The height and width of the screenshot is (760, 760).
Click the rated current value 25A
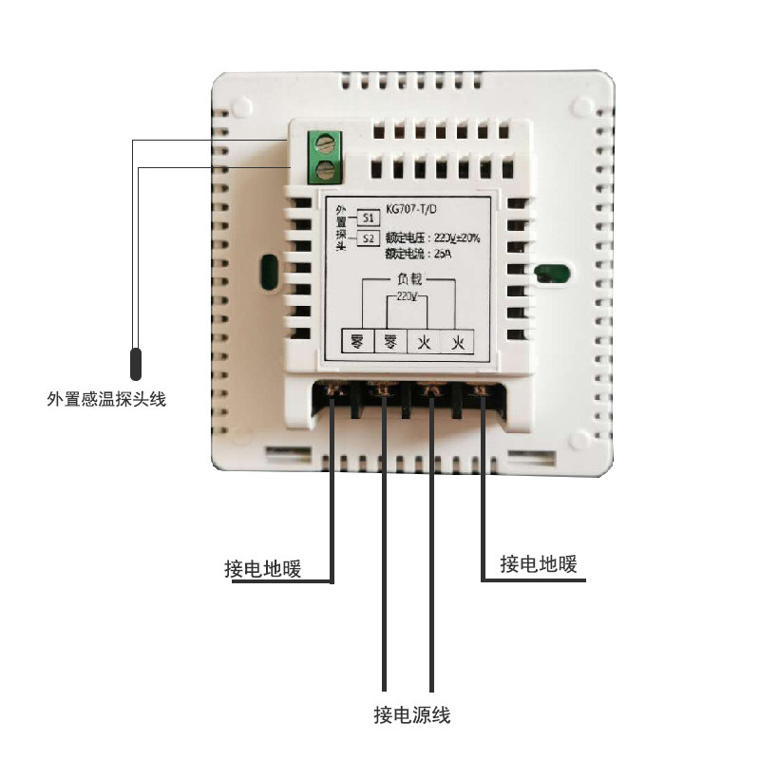click(x=444, y=255)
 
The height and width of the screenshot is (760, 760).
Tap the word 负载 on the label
click(x=408, y=281)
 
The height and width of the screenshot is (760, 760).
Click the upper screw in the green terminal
click(x=325, y=145)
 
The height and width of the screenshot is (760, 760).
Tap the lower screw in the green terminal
click(x=325, y=171)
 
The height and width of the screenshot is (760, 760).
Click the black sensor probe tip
click(x=137, y=364)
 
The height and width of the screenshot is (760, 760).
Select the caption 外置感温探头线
click(x=106, y=400)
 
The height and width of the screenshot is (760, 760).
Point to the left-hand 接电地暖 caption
click(x=262, y=569)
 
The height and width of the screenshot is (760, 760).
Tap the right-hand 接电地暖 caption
click(x=539, y=564)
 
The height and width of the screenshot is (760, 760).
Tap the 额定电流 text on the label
click(x=404, y=255)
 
